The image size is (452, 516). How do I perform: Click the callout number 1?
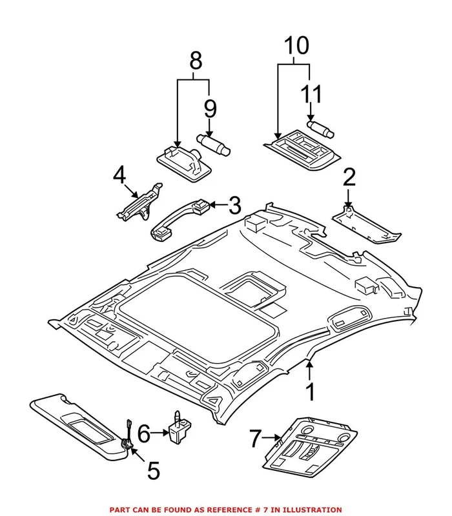tap(310, 392)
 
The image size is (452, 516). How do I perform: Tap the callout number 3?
tap(234, 206)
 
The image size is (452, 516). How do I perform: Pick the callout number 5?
tap(153, 470)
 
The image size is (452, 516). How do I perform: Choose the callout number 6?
tap(143, 433)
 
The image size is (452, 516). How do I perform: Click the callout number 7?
tap(256, 439)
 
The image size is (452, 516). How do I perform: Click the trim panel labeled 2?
tap(365, 227)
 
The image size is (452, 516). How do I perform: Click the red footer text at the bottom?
tap(226, 509)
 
